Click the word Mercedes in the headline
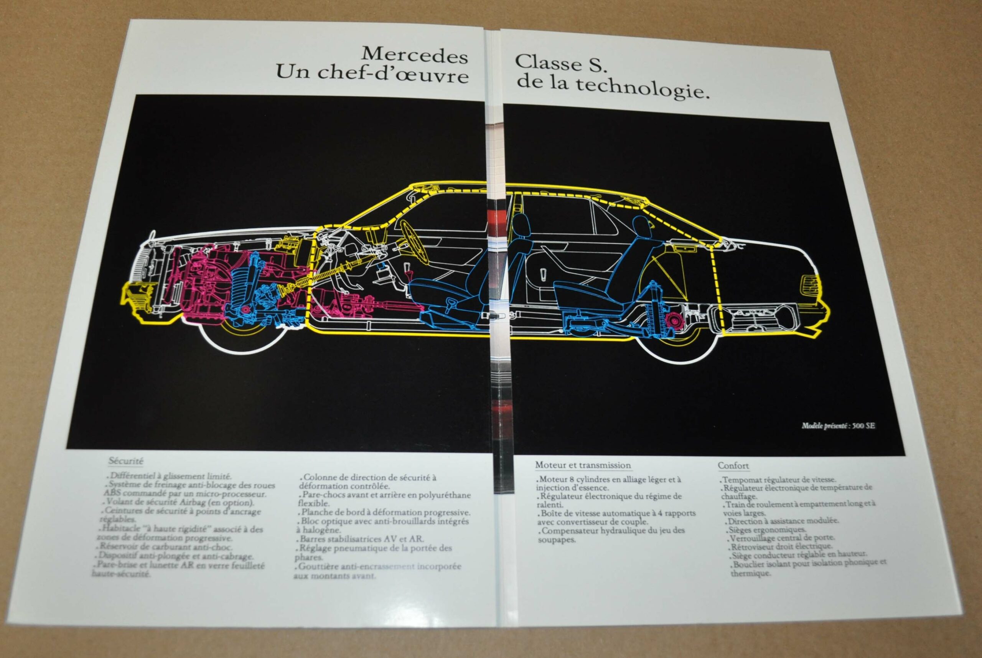(414, 56)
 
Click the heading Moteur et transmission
(583, 465)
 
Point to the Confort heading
(733, 465)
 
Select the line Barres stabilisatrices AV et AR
(363, 539)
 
